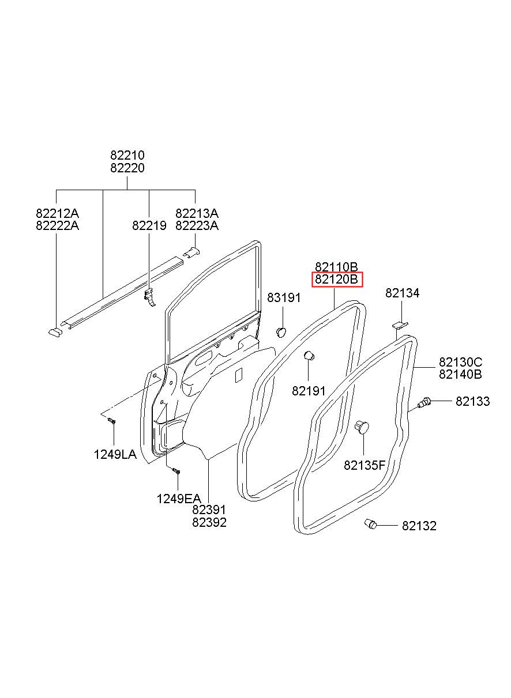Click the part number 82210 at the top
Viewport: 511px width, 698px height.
127,156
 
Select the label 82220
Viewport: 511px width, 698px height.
127,168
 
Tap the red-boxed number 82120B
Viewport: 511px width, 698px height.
337,280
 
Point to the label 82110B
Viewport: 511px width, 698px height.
337,267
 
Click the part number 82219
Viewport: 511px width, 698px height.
149,226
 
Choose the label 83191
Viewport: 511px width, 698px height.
284,297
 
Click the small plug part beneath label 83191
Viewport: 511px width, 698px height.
282,331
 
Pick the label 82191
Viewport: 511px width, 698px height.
309,391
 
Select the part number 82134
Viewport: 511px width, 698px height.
402,293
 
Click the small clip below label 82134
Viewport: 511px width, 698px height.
400,326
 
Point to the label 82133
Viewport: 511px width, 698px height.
472,401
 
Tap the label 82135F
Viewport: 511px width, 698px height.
365,465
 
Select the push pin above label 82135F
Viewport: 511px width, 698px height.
362,427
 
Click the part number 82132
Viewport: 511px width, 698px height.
419,526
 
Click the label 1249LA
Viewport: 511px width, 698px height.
115,454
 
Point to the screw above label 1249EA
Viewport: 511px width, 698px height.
176,471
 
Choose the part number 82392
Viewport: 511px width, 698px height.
209,523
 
